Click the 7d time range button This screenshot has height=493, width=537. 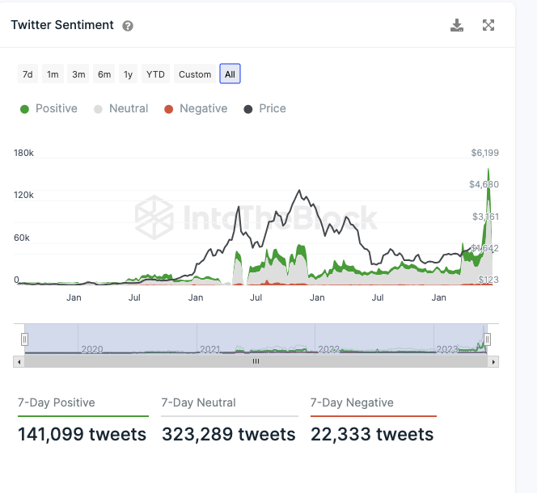point(27,74)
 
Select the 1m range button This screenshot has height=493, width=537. point(53,74)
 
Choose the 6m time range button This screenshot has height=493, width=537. point(104,74)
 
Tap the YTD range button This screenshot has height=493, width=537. point(155,74)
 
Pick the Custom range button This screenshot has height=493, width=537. point(195,74)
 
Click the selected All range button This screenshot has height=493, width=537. point(230,74)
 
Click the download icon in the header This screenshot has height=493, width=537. point(457,25)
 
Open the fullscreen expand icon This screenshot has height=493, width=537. point(488,25)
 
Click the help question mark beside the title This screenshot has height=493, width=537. point(128,26)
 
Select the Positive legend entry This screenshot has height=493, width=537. point(49,108)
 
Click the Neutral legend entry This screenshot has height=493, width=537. point(121,108)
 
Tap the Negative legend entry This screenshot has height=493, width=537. point(196,108)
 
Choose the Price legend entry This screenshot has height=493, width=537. point(264,108)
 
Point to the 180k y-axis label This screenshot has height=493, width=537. point(23,153)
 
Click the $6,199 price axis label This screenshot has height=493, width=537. point(485,153)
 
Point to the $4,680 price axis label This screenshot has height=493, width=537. point(484,184)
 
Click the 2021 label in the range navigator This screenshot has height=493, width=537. point(210,349)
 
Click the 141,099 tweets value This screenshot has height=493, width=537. point(82,435)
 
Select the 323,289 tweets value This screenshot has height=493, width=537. point(229,435)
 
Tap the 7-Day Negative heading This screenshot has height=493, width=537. point(352,402)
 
